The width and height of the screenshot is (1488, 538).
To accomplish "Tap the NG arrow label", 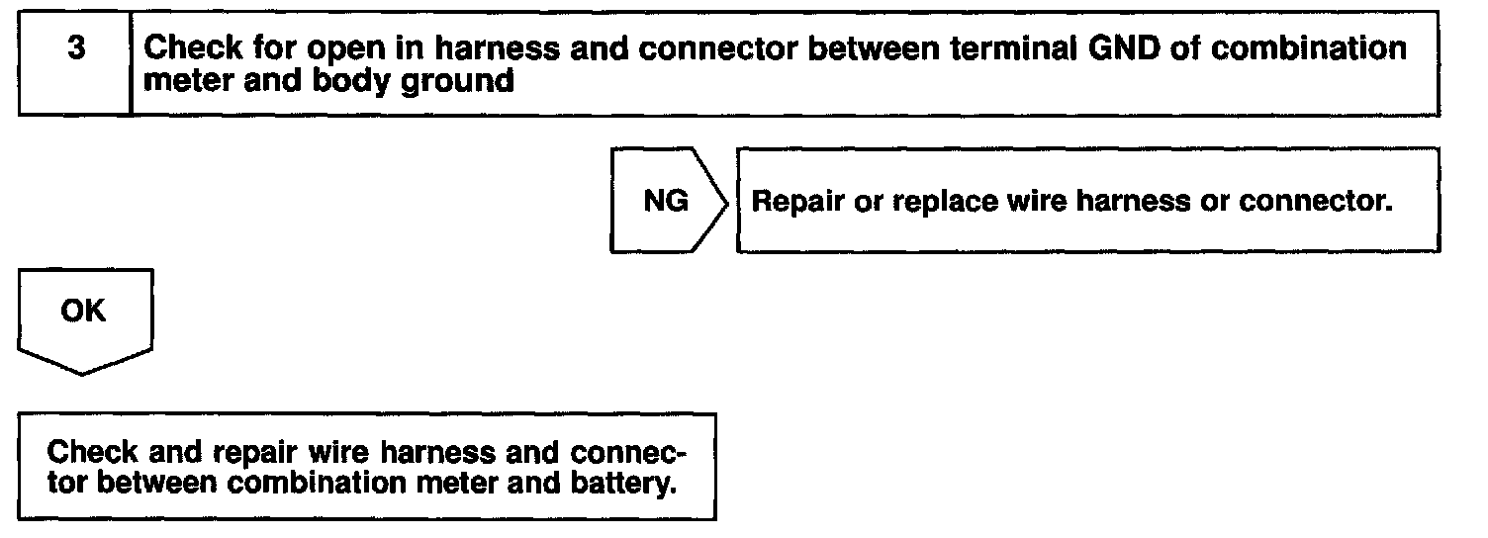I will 666,202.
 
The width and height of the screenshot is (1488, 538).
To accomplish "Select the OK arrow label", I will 83,311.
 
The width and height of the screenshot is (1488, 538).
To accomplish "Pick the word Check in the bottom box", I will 92,453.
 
